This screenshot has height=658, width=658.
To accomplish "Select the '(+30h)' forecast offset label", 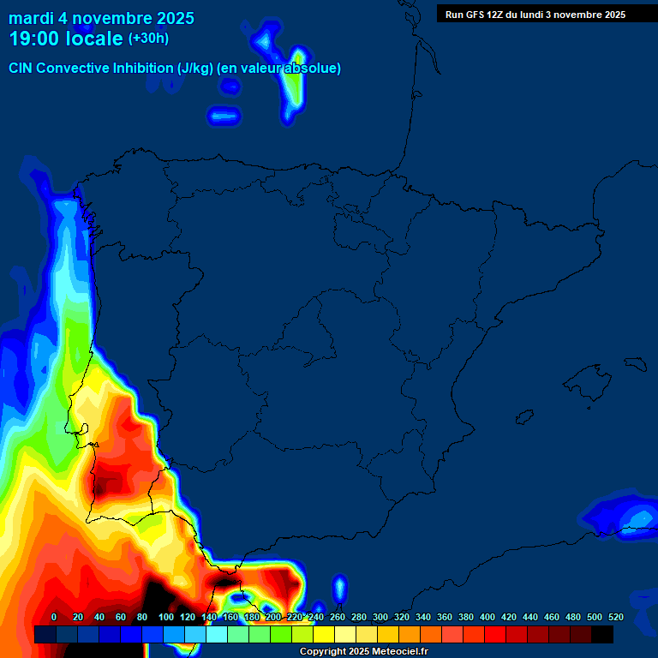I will click(148, 38).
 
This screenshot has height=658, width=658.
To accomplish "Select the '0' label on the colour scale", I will click(54, 617).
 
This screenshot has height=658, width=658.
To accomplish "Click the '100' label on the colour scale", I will click(165, 617).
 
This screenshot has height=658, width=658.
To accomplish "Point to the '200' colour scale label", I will click(272, 617).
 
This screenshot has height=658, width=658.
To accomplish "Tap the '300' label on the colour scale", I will click(380, 617).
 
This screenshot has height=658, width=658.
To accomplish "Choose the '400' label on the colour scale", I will click(487, 617).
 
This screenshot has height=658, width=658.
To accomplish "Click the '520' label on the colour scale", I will click(615, 617).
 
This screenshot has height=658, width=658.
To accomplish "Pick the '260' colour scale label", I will click(337, 617).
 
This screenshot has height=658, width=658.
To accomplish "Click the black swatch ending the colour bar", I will click(602, 634).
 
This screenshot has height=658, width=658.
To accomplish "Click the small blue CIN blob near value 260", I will click(339, 588).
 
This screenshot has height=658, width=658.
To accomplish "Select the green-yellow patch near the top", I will click(294, 86).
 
